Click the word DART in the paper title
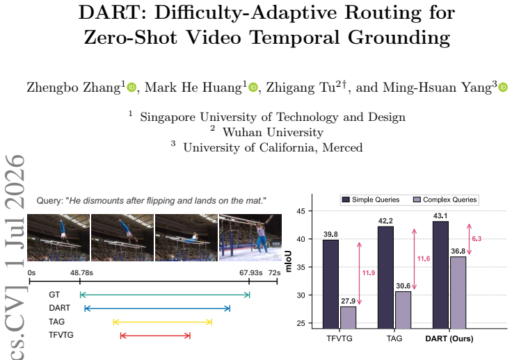pyautogui.click(x=111, y=13)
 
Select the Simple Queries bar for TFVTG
pyautogui.click(x=330, y=284)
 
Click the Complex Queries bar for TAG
pyautogui.click(x=403, y=310)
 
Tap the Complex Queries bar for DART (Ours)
pyautogui.click(x=458, y=293)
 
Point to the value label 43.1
pyautogui.click(x=440, y=216)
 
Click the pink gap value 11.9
pyautogui.click(x=369, y=273)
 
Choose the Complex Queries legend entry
pyautogui.click(x=445, y=199)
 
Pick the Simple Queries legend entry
pyautogui.click(x=371, y=199)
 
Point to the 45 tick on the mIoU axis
pyautogui.click(x=301, y=211)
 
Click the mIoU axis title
pyautogui.click(x=288, y=261)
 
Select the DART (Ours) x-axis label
pyautogui.click(x=449, y=338)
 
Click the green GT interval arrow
pyautogui.click(x=165, y=295)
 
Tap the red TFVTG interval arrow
pyautogui.click(x=155, y=336)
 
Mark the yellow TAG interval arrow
pyautogui.click(x=163, y=322)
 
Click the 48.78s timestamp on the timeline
pyautogui.click(x=81, y=272)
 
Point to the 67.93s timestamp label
pyautogui.click(x=250, y=272)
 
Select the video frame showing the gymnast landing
pyautogui.click(x=250, y=238)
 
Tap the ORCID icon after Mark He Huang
pyautogui.click(x=253, y=88)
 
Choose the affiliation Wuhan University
pyautogui.click(x=273, y=132)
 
